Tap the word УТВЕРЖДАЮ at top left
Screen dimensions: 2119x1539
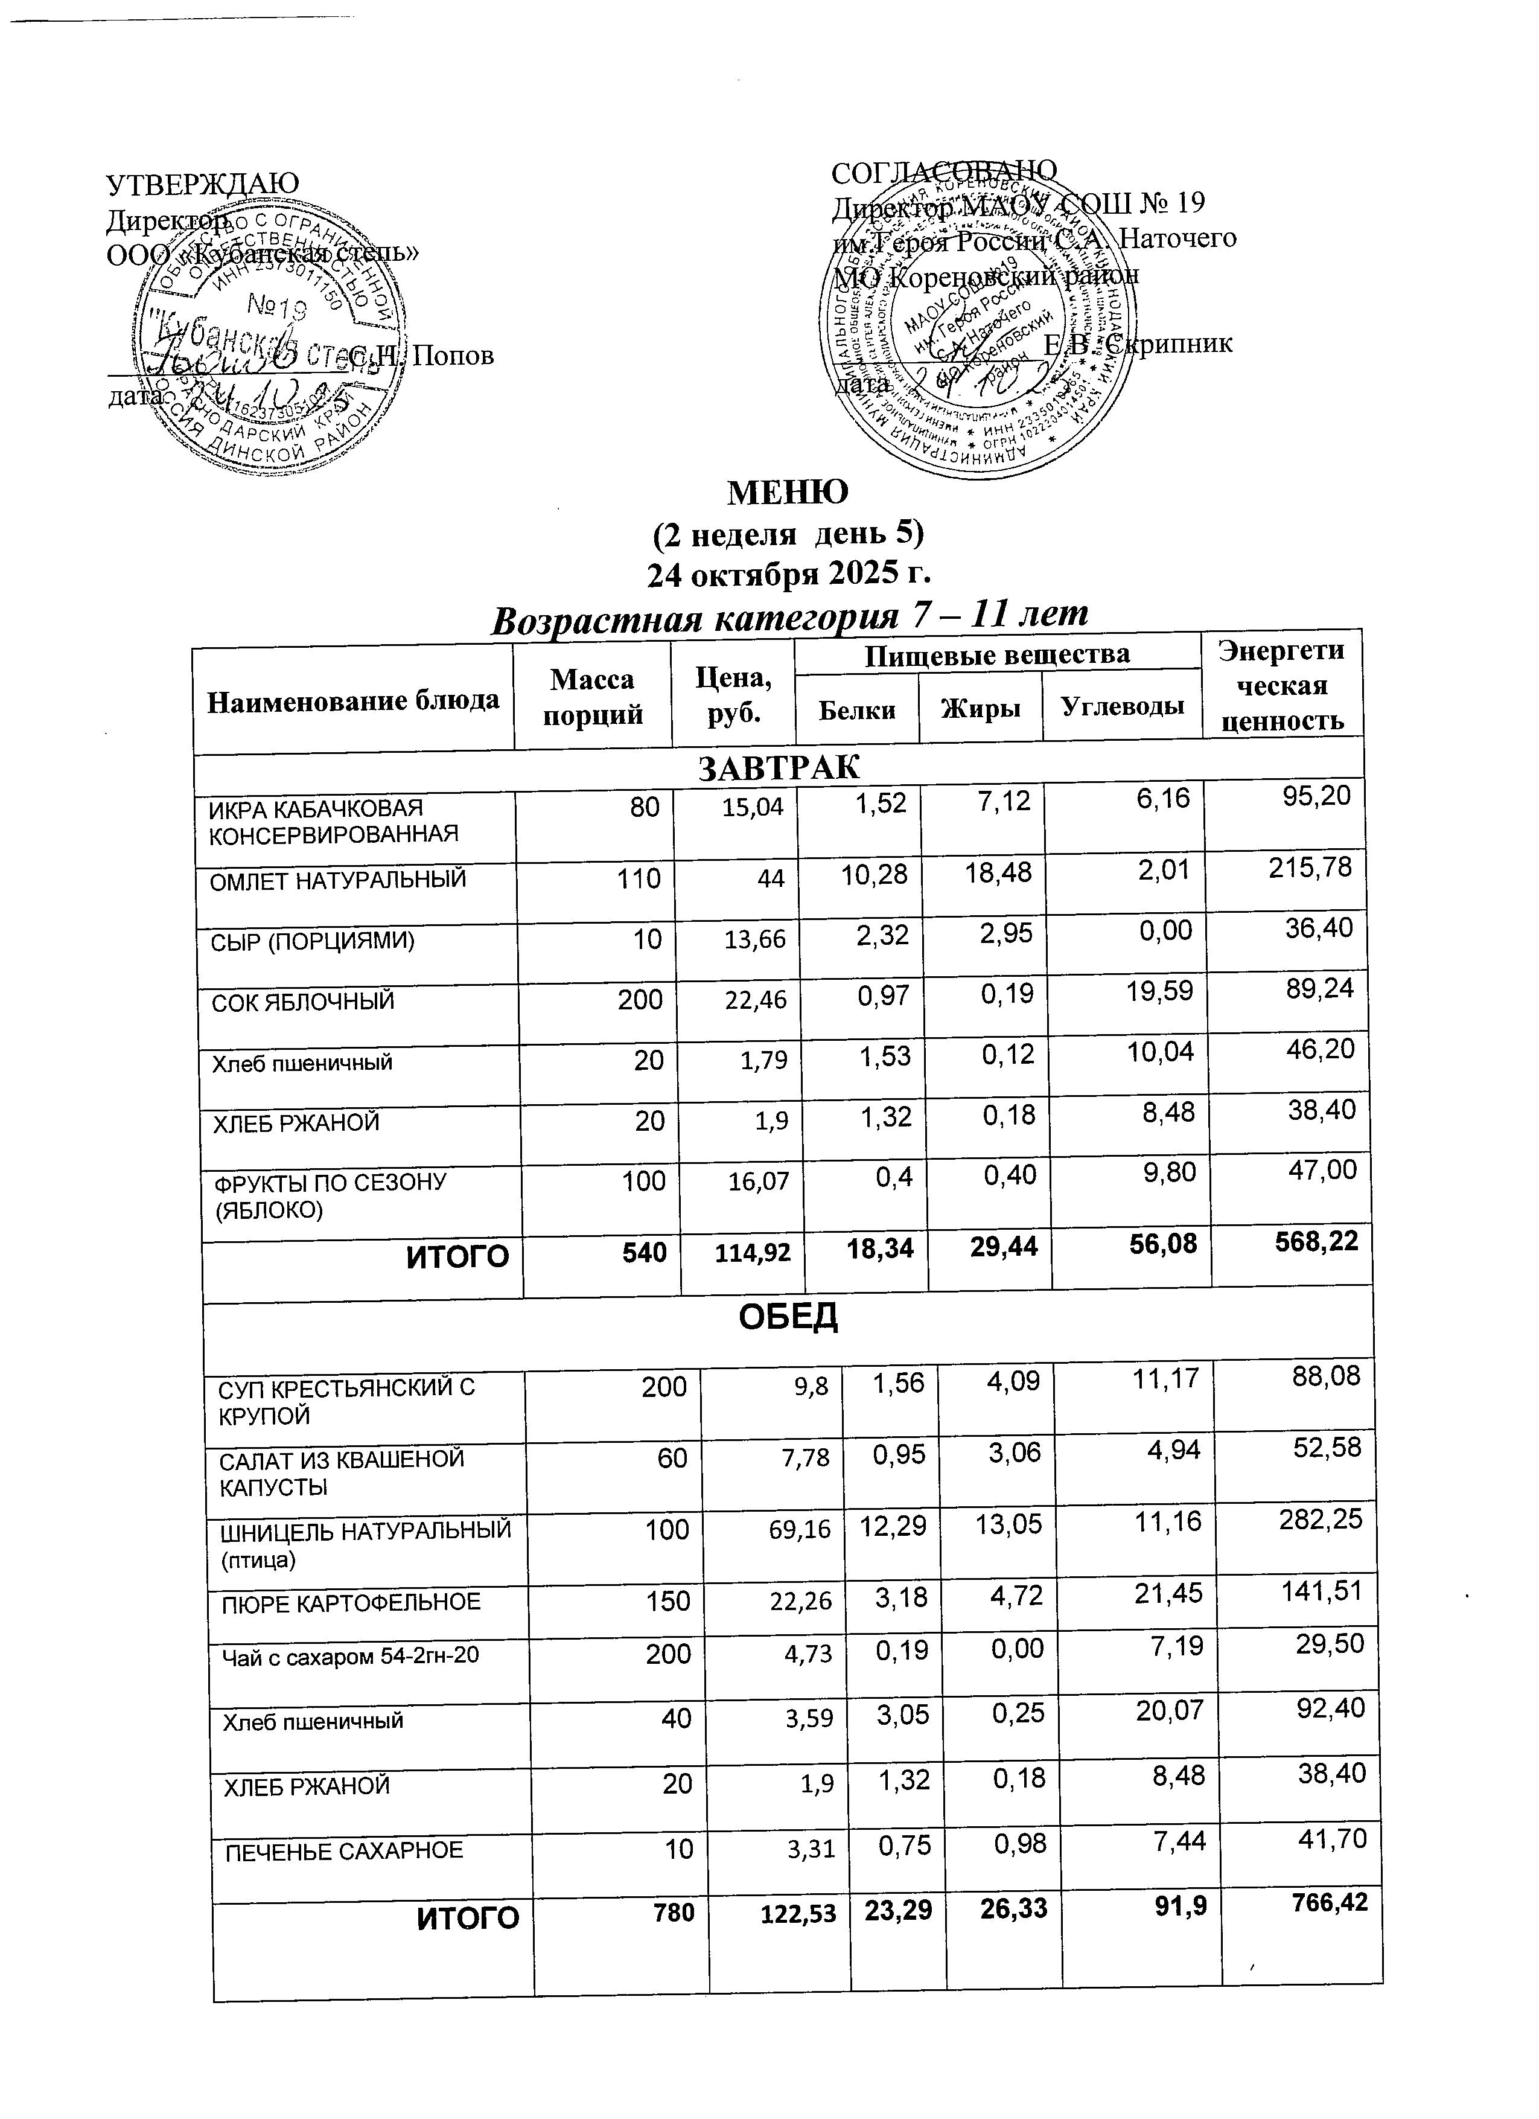point(203,183)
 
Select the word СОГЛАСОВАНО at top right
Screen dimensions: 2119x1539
point(943,170)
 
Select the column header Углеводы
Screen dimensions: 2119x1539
point(1121,708)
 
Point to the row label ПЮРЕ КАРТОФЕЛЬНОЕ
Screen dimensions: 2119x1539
point(351,1602)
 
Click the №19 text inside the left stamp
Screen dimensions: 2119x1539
point(278,307)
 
